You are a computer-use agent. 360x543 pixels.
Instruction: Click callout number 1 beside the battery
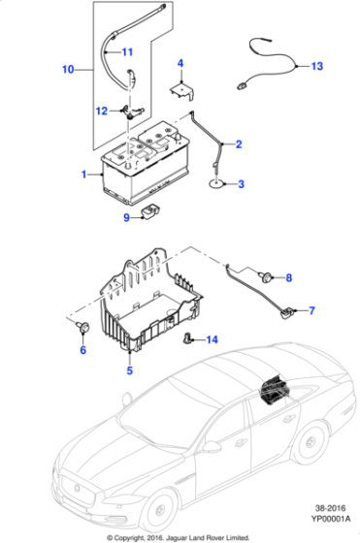(x=85, y=175)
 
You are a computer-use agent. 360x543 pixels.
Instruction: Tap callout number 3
(x=241, y=184)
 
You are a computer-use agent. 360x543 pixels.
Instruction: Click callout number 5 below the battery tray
(x=129, y=369)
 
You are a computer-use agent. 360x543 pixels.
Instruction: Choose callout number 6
(x=82, y=350)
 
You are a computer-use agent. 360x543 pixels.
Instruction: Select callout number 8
(x=287, y=278)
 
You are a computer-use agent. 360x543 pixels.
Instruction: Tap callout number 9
(x=126, y=217)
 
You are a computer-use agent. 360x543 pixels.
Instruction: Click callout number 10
(x=67, y=70)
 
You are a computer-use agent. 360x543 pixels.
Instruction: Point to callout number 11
(x=128, y=50)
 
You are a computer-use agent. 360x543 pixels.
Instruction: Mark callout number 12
(x=103, y=111)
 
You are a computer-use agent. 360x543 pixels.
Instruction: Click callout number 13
(x=316, y=67)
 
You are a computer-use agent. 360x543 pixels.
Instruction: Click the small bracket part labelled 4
(x=180, y=90)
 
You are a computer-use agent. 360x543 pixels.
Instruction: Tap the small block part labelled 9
(x=150, y=213)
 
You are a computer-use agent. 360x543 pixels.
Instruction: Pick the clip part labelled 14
(x=188, y=338)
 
